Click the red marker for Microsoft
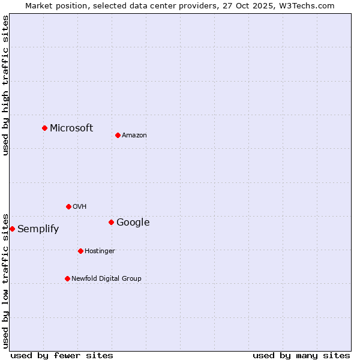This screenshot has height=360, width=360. point(44,128)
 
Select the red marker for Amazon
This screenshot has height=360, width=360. point(118,135)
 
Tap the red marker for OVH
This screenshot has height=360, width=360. point(68,206)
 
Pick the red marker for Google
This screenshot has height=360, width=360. point(111,222)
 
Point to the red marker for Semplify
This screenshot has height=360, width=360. point(12,229)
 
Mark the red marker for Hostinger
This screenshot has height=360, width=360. point(80,251)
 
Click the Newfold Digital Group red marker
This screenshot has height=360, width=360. point(67,278)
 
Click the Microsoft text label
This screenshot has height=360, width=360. point(71,128)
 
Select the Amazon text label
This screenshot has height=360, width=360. point(134,136)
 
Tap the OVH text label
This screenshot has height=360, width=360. point(80,207)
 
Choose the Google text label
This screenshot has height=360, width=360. point(133,223)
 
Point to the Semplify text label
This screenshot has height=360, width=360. point(38,229)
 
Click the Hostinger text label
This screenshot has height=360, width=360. point(100,251)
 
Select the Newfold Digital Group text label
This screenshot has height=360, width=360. point(106,279)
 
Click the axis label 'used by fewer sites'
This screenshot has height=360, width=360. point(62,355)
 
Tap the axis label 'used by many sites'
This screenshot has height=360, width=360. point(301,355)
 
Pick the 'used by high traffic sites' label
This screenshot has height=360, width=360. point(5,85)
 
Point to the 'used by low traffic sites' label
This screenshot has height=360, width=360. point(5,280)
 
